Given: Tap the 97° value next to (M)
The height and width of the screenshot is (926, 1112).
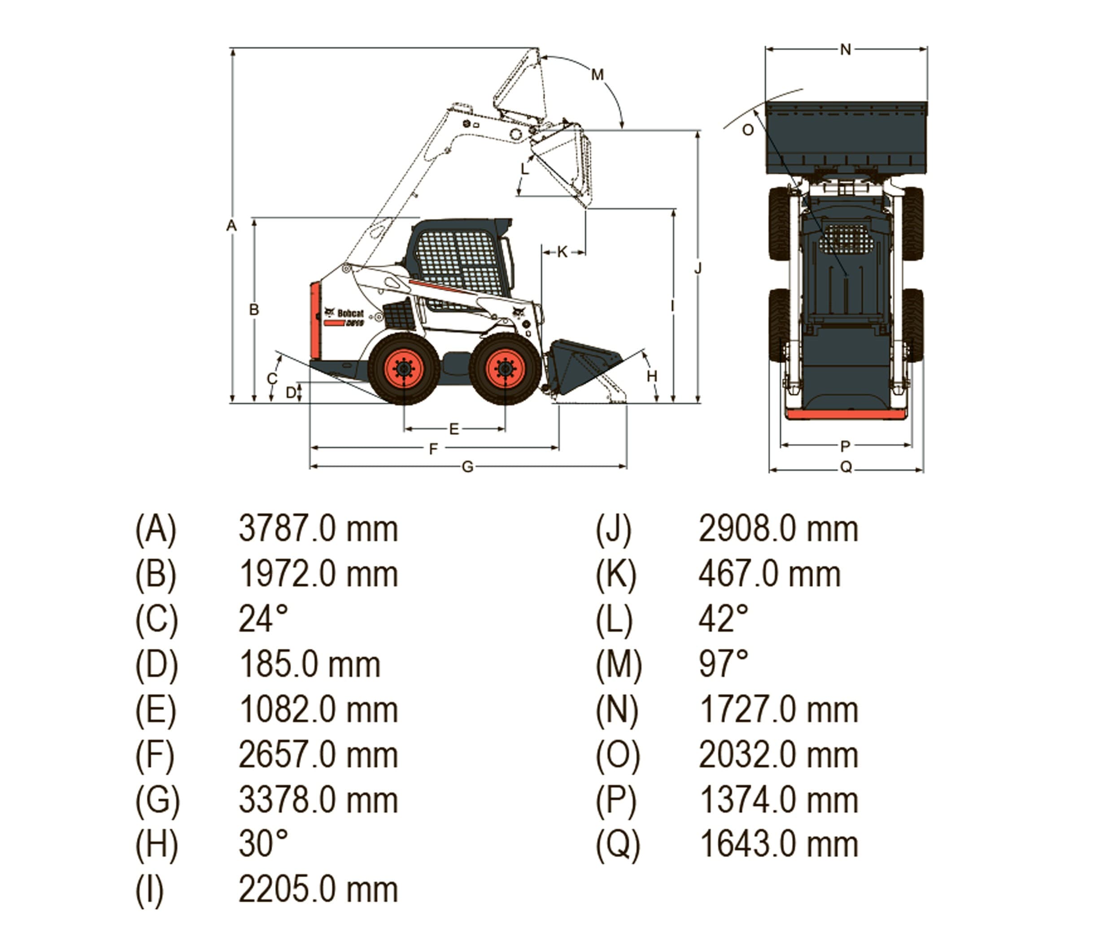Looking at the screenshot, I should pyautogui.click(x=724, y=664).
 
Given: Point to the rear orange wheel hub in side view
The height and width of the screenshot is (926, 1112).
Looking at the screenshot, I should pyautogui.click(x=404, y=368).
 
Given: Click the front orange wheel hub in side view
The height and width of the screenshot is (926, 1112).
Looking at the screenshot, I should pyautogui.click(x=505, y=368).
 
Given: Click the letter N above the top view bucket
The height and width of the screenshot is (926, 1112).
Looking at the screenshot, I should pyautogui.click(x=846, y=50).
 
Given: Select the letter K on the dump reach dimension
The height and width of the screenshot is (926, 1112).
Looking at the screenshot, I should pyautogui.click(x=563, y=252).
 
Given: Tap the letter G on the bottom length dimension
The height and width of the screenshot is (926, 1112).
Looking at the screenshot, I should pyautogui.click(x=467, y=467).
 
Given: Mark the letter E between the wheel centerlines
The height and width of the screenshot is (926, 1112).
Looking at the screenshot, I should pyautogui.click(x=454, y=429).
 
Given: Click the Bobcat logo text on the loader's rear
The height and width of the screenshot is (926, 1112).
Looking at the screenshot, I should pyautogui.click(x=350, y=313).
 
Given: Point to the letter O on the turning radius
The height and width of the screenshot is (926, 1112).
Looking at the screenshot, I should pyautogui.click(x=748, y=130).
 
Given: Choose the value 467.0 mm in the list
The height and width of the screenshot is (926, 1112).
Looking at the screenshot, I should pyautogui.click(x=769, y=574).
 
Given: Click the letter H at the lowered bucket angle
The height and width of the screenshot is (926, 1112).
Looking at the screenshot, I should pyautogui.click(x=652, y=376).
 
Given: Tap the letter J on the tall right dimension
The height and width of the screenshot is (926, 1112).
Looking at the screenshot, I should pyautogui.click(x=698, y=269).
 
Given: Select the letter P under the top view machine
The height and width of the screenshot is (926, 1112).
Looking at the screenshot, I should pyautogui.click(x=845, y=446).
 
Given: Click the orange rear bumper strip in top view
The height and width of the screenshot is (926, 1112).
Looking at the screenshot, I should pyautogui.click(x=846, y=414).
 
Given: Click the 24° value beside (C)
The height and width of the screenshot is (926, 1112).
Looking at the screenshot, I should pyautogui.click(x=263, y=619).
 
